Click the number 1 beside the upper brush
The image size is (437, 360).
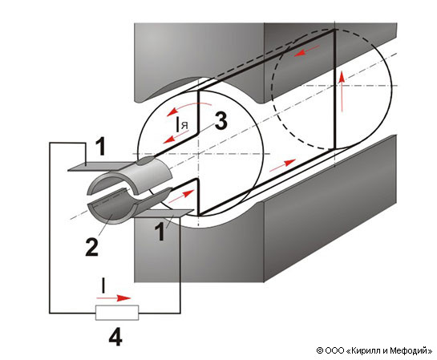click(x=101, y=147)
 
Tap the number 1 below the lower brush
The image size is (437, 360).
click(x=160, y=233)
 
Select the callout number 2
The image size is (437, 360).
click(x=92, y=247)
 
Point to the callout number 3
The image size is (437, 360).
click(x=221, y=122)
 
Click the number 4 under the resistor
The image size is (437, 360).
click(x=115, y=337)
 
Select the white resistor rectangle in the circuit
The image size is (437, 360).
click(x=117, y=313)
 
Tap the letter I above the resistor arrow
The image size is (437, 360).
click(x=103, y=285)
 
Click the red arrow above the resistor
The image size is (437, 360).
click(x=113, y=298)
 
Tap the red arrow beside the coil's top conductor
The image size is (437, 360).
click(x=307, y=51)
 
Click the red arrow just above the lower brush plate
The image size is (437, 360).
click(x=181, y=196)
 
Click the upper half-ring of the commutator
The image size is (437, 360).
click(x=131, y=176)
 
